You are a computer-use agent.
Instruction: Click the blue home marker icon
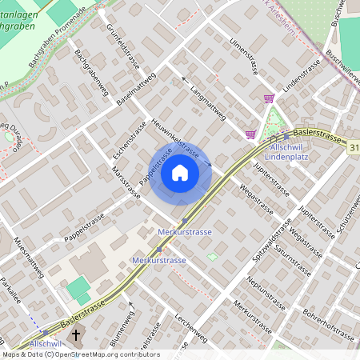[180, 173]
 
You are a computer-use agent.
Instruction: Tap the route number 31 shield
[353, 144]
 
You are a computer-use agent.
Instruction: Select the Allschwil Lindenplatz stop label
[296, 152]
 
